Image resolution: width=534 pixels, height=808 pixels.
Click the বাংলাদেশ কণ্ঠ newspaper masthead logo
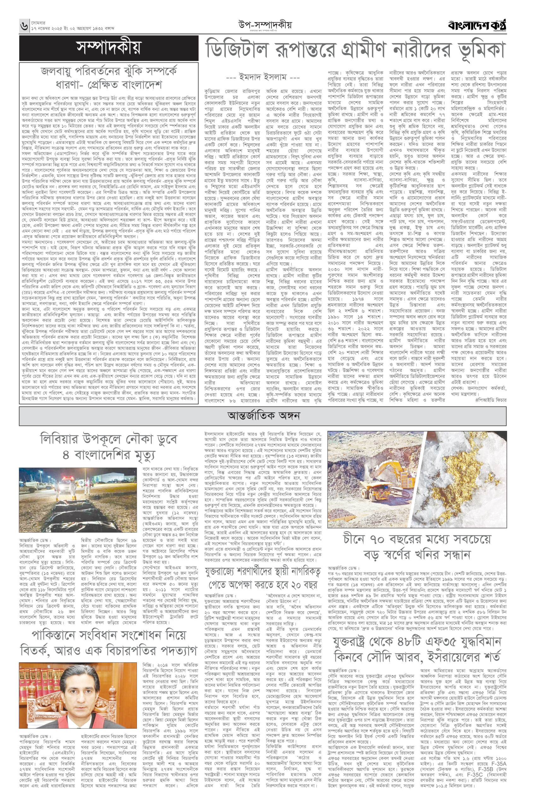tap(477, 26)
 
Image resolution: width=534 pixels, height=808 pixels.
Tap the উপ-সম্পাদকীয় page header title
tap(265, 25)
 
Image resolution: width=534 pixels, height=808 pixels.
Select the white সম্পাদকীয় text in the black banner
tap(109, 48)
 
